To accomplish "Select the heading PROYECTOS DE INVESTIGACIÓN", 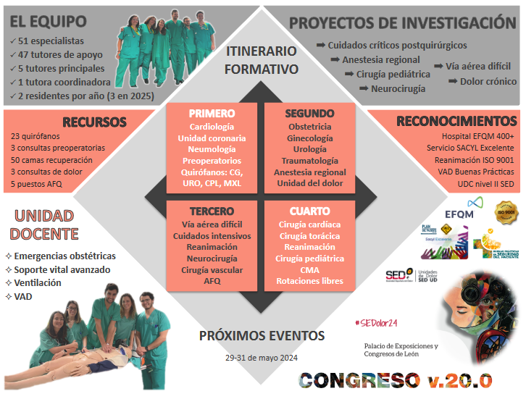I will tap(402, 22).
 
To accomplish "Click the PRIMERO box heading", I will tap(211, 114).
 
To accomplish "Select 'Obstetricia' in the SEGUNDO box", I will tap(310, 127).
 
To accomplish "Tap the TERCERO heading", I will tap(212, 212).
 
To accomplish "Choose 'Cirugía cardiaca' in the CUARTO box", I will tap(310, 224).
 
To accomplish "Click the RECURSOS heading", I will tap(94, 122).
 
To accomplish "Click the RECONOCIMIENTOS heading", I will tap(456, 121).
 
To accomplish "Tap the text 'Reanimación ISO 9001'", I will tap(474, 159).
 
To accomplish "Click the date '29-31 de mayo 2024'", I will tap(262, 358).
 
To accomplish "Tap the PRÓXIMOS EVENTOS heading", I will tap(262, 336).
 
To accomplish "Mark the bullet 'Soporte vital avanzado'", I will tap(62, 269).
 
